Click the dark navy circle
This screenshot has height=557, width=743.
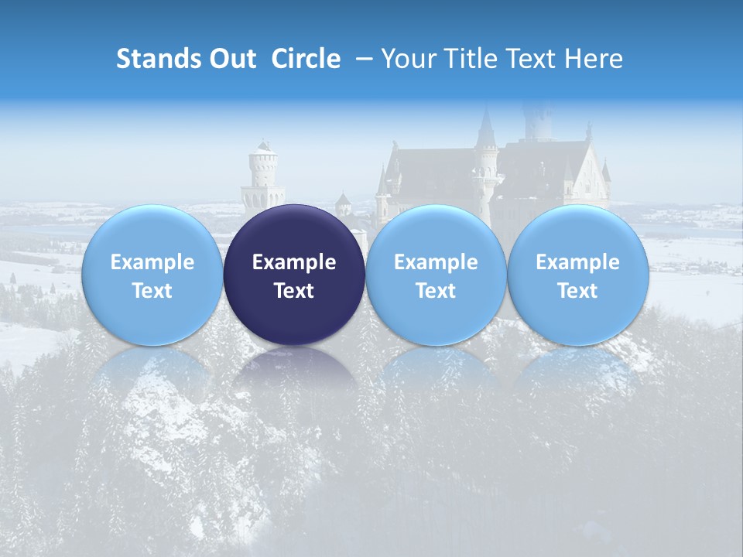(294, 275)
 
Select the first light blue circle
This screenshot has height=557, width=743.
(152, 275)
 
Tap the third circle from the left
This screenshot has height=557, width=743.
(436, 275)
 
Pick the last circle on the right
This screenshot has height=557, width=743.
(577, 275)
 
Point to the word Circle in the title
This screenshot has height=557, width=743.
(306, 59)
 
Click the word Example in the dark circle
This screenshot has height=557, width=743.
(294, 262)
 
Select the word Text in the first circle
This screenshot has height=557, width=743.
(152, 291)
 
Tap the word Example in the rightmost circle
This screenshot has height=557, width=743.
(577, 262)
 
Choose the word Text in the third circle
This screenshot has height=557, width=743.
(436, 291)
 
